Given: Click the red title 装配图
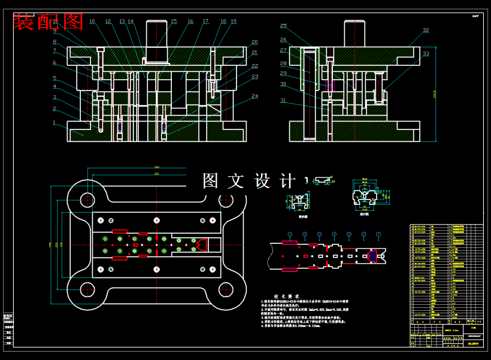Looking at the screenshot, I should coord(48,22).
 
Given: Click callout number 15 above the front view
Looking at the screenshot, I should coord(174,22).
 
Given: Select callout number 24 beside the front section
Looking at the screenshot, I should coord(255,96).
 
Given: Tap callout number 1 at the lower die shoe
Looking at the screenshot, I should coord(54,122).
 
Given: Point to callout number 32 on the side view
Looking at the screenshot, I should coord(426,30).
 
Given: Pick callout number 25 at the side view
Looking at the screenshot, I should coord(283,26).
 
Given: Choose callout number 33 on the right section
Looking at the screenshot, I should coord(426,54).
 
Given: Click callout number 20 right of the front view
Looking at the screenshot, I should coord(254,43).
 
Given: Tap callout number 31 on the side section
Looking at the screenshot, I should coord(283,100).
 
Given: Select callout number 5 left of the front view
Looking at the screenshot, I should coord(54,78).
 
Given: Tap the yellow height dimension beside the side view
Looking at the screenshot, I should coord(435,93).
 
